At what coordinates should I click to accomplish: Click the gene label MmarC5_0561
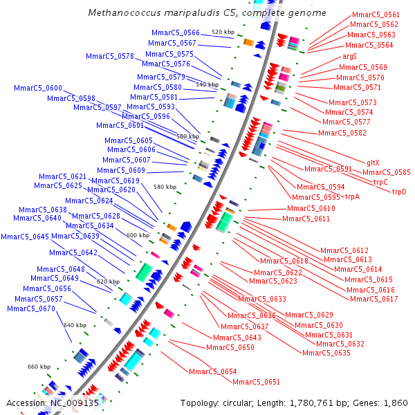[x=376, y=15]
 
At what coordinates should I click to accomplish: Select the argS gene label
[x=349, y=56]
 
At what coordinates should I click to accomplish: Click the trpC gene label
[x=380, y=182]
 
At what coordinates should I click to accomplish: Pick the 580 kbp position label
[x=165, y=187]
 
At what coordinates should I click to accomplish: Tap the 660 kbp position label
[x=39, y=367]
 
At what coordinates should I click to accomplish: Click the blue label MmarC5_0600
[x=38, y=88]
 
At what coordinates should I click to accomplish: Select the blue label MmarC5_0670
[x=30, y=308]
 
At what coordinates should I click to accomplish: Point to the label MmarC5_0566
[x=176, y=33]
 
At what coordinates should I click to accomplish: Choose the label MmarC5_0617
[x=373, y=299]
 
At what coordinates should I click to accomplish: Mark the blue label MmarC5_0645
[x=25, y=237]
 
